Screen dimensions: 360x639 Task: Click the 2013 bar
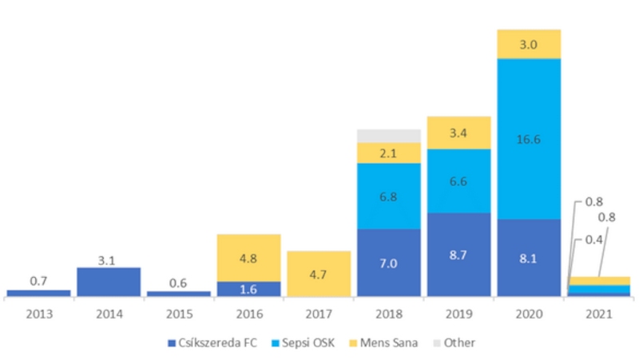[x=38, y=292]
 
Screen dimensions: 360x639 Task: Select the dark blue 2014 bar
[x=109, y=281]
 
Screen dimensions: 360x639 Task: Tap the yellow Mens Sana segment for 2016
[x=248, y=257]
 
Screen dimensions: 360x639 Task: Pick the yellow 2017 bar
[x=319, y=273]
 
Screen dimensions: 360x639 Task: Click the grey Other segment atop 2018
[x=389, y=135]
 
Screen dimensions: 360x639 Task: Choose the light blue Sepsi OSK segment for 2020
[x=529, y=138]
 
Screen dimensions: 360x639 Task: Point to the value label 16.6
[x=529, y=138]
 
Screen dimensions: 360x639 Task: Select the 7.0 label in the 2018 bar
[x=389, y=263]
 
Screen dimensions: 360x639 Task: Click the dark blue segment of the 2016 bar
[x=248, y=288]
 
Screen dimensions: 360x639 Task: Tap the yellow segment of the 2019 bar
[x=458, y=133]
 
